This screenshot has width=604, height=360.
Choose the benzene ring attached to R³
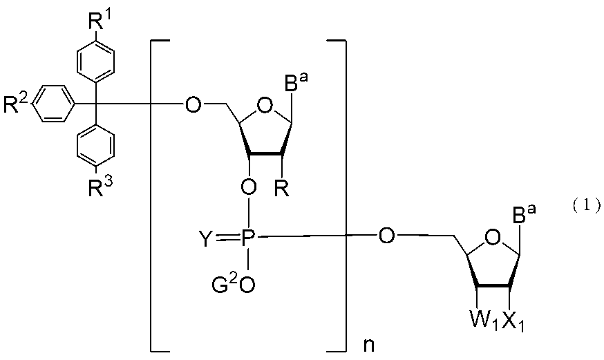[93, 146]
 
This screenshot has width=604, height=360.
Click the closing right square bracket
[339, 194]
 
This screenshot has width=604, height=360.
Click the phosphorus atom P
[249, 239]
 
